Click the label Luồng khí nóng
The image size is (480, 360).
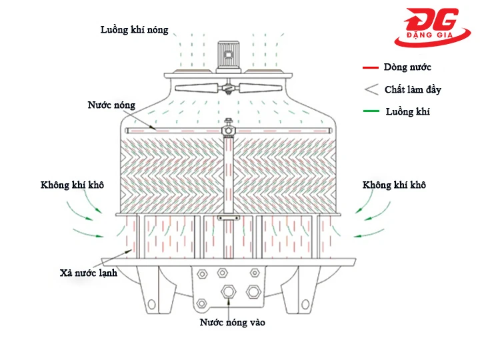(134, 30)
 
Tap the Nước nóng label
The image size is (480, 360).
(111, 105)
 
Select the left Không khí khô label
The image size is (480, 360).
(72, 185)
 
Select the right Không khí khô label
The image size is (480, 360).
(394, 185)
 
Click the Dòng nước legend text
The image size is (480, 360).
(407, 67)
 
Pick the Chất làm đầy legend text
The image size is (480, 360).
(413, 89)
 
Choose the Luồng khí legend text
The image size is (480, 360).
(407, 111)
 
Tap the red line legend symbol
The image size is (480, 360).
(371, 68)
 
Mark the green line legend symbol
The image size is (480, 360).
(371, 111)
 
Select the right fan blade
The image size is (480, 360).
(261, 87)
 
